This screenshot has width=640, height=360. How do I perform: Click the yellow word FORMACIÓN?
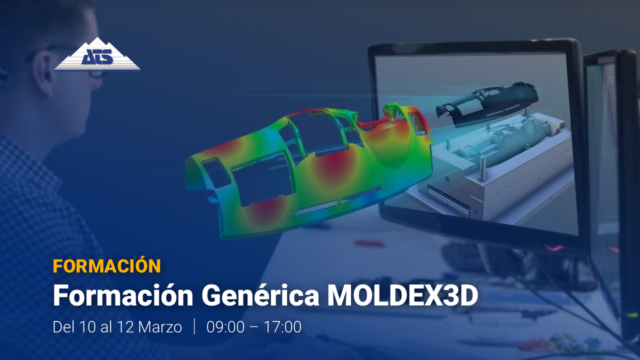point(107,266)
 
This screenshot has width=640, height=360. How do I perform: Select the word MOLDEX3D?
point(402,295)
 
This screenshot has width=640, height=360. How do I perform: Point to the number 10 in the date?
point(87,327)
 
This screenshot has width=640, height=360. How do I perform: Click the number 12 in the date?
point(125,327)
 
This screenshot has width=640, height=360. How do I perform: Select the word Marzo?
point(160,327)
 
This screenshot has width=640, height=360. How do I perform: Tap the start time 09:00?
point(225,327)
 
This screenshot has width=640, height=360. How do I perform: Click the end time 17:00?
point(282,327)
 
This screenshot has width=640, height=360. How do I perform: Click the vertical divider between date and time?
point(194,326)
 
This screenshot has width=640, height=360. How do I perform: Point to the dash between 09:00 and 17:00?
point(254,327)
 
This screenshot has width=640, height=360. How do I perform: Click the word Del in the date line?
point(63,327)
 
